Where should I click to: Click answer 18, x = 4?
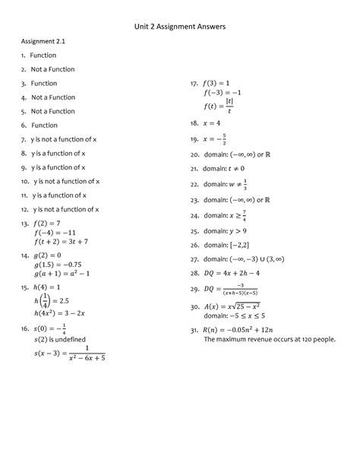(212, 122)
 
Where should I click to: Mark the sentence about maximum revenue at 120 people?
(269, 340)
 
